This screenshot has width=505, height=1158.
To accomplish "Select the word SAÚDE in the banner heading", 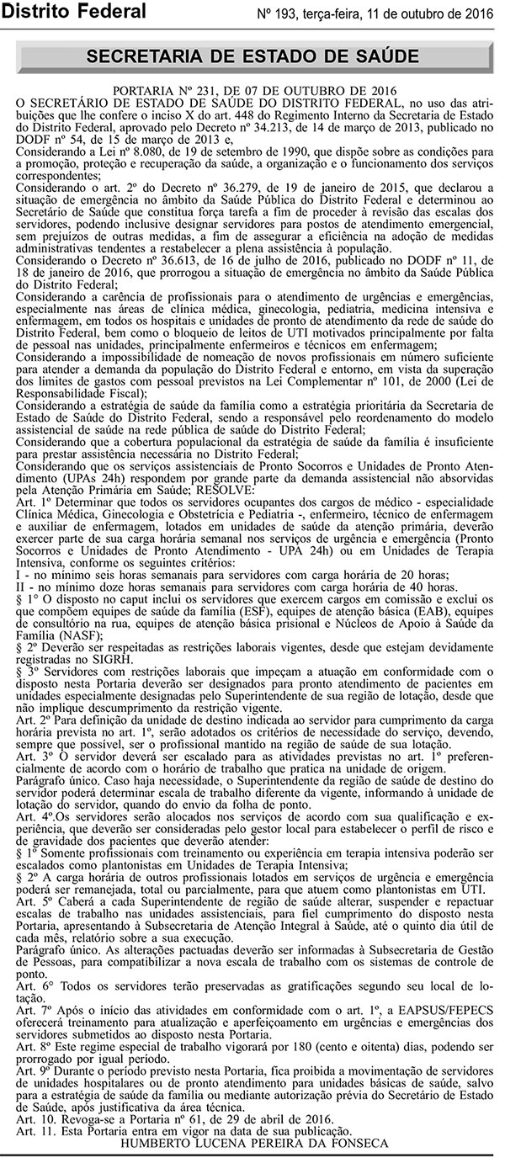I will pos(379,56).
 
